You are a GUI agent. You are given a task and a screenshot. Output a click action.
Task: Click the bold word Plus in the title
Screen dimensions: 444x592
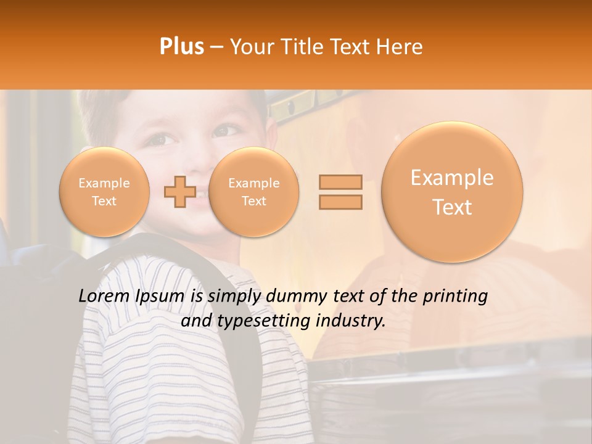click(181, 47)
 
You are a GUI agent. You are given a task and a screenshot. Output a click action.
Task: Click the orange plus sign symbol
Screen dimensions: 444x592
click(179, 192)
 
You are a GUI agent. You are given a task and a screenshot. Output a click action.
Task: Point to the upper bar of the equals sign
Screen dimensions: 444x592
click(340, 182)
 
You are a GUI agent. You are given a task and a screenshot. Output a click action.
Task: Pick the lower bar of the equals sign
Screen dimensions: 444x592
click(340, 202)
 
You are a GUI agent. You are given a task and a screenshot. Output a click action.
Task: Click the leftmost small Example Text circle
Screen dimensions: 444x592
click(104, 192)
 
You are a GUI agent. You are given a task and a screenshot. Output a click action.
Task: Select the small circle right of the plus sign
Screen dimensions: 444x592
click(253, 192)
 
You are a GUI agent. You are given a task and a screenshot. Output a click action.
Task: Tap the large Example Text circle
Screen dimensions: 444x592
click(452, 192)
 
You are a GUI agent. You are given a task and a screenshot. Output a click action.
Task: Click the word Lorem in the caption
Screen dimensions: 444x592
click(103, 296)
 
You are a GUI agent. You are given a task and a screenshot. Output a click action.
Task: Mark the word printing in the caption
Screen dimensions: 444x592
click(455, 297)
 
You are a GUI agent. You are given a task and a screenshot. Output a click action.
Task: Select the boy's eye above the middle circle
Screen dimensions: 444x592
click(223, 131)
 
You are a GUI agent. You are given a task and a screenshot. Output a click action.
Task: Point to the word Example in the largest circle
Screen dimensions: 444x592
click(452, 178)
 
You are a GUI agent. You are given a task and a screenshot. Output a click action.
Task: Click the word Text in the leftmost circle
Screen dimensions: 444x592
click(104, 201)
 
